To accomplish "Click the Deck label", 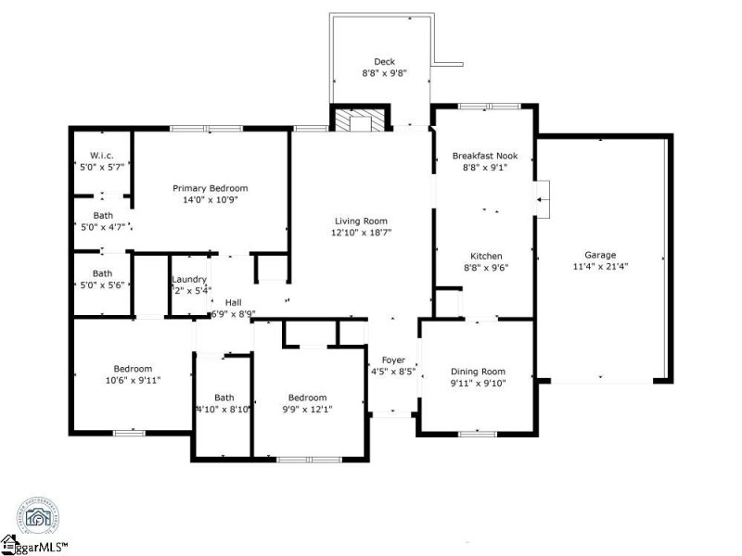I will pos(384,62).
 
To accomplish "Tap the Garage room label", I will pos(599,255).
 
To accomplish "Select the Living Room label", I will pos(361,221).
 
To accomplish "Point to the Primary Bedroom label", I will pos(211,188).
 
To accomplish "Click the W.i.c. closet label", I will pos(101,154).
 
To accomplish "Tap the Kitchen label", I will pos(486,256).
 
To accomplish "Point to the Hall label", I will pos(233,301).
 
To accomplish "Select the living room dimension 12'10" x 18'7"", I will pos(361,233).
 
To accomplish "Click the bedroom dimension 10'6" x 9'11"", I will pos(133,381).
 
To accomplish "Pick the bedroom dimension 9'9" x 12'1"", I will pos(307,409).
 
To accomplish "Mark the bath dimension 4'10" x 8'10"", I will pos(223,409).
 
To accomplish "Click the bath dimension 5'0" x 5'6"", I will pos(102,285).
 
